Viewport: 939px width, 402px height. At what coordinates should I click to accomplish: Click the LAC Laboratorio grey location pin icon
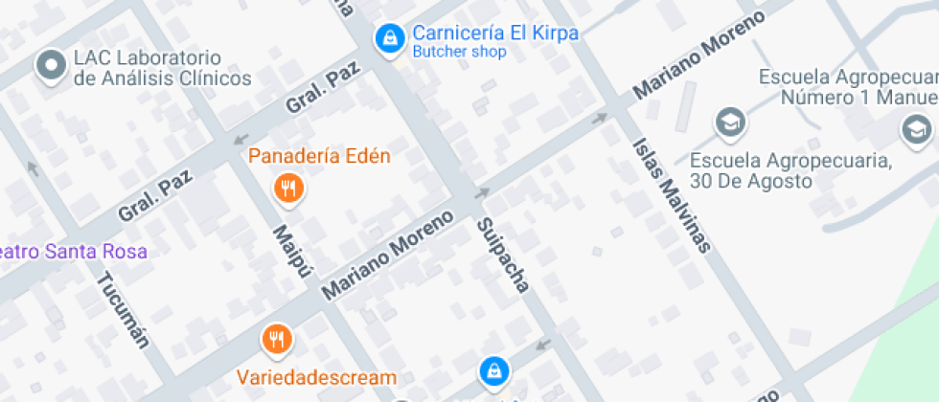point(49,66)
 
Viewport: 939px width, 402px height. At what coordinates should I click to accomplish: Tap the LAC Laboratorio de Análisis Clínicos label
point(162,69)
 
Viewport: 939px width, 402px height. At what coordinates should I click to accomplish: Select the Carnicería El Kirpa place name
point(494,33)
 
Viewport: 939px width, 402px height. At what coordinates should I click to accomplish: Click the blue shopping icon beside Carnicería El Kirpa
point(389,38)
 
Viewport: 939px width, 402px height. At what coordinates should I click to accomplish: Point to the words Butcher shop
point(459,53)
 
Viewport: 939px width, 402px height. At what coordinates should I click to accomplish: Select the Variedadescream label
point(318,377)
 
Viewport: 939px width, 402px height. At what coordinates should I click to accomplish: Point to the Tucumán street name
point(124,309)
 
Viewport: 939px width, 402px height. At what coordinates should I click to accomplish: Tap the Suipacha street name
point(503,255)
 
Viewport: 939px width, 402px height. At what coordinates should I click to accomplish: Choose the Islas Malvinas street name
point(671,195)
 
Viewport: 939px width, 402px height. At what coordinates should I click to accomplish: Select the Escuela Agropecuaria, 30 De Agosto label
point(791,169)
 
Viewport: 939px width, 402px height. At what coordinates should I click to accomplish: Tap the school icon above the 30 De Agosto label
point(731,122)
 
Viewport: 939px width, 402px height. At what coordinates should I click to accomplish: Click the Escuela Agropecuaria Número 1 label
point(846,86)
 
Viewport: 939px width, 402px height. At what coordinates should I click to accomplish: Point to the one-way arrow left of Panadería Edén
point(241,141)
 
